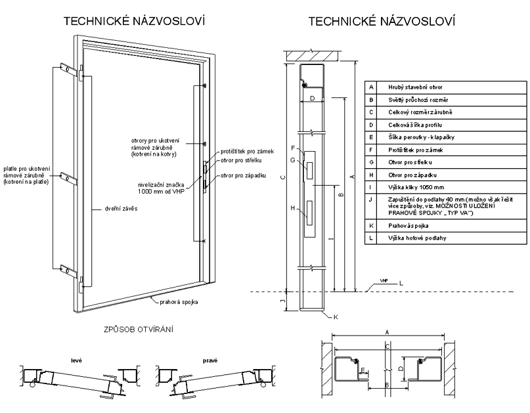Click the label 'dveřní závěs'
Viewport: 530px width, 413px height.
[x=121, y=209]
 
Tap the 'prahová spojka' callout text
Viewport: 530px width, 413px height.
[x=179, y=302]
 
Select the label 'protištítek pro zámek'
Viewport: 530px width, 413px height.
[x=247, y=152]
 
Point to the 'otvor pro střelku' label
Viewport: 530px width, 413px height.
[x=241, y=160]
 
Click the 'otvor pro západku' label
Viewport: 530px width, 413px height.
[x=243, y=175]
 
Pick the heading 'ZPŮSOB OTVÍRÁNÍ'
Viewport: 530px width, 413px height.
[x=139, y=330]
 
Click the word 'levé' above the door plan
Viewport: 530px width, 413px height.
[x=76, y=360]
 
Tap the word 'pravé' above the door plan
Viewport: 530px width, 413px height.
[x=210, y=360]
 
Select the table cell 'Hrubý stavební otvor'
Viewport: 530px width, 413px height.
[x=415, y=87]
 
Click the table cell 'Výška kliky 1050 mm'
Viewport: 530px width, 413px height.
[x=416, y=188]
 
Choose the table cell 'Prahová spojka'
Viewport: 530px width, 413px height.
[x=409, y=226]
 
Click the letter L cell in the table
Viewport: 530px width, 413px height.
[x=371, y=238]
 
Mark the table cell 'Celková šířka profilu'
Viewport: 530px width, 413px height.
[x=414, y=125]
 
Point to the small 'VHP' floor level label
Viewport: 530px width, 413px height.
[x=384, y=280]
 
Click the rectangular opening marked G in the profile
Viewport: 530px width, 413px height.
[x=310, y=170]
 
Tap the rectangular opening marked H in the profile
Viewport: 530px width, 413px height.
[x=310, y=213]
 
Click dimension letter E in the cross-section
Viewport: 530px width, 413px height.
[x=363, y=370]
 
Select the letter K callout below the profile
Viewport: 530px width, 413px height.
[x=336, y=316]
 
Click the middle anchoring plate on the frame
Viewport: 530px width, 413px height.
[x=70, y=178]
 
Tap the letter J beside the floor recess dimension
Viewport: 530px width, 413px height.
[x=283, y=301]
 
